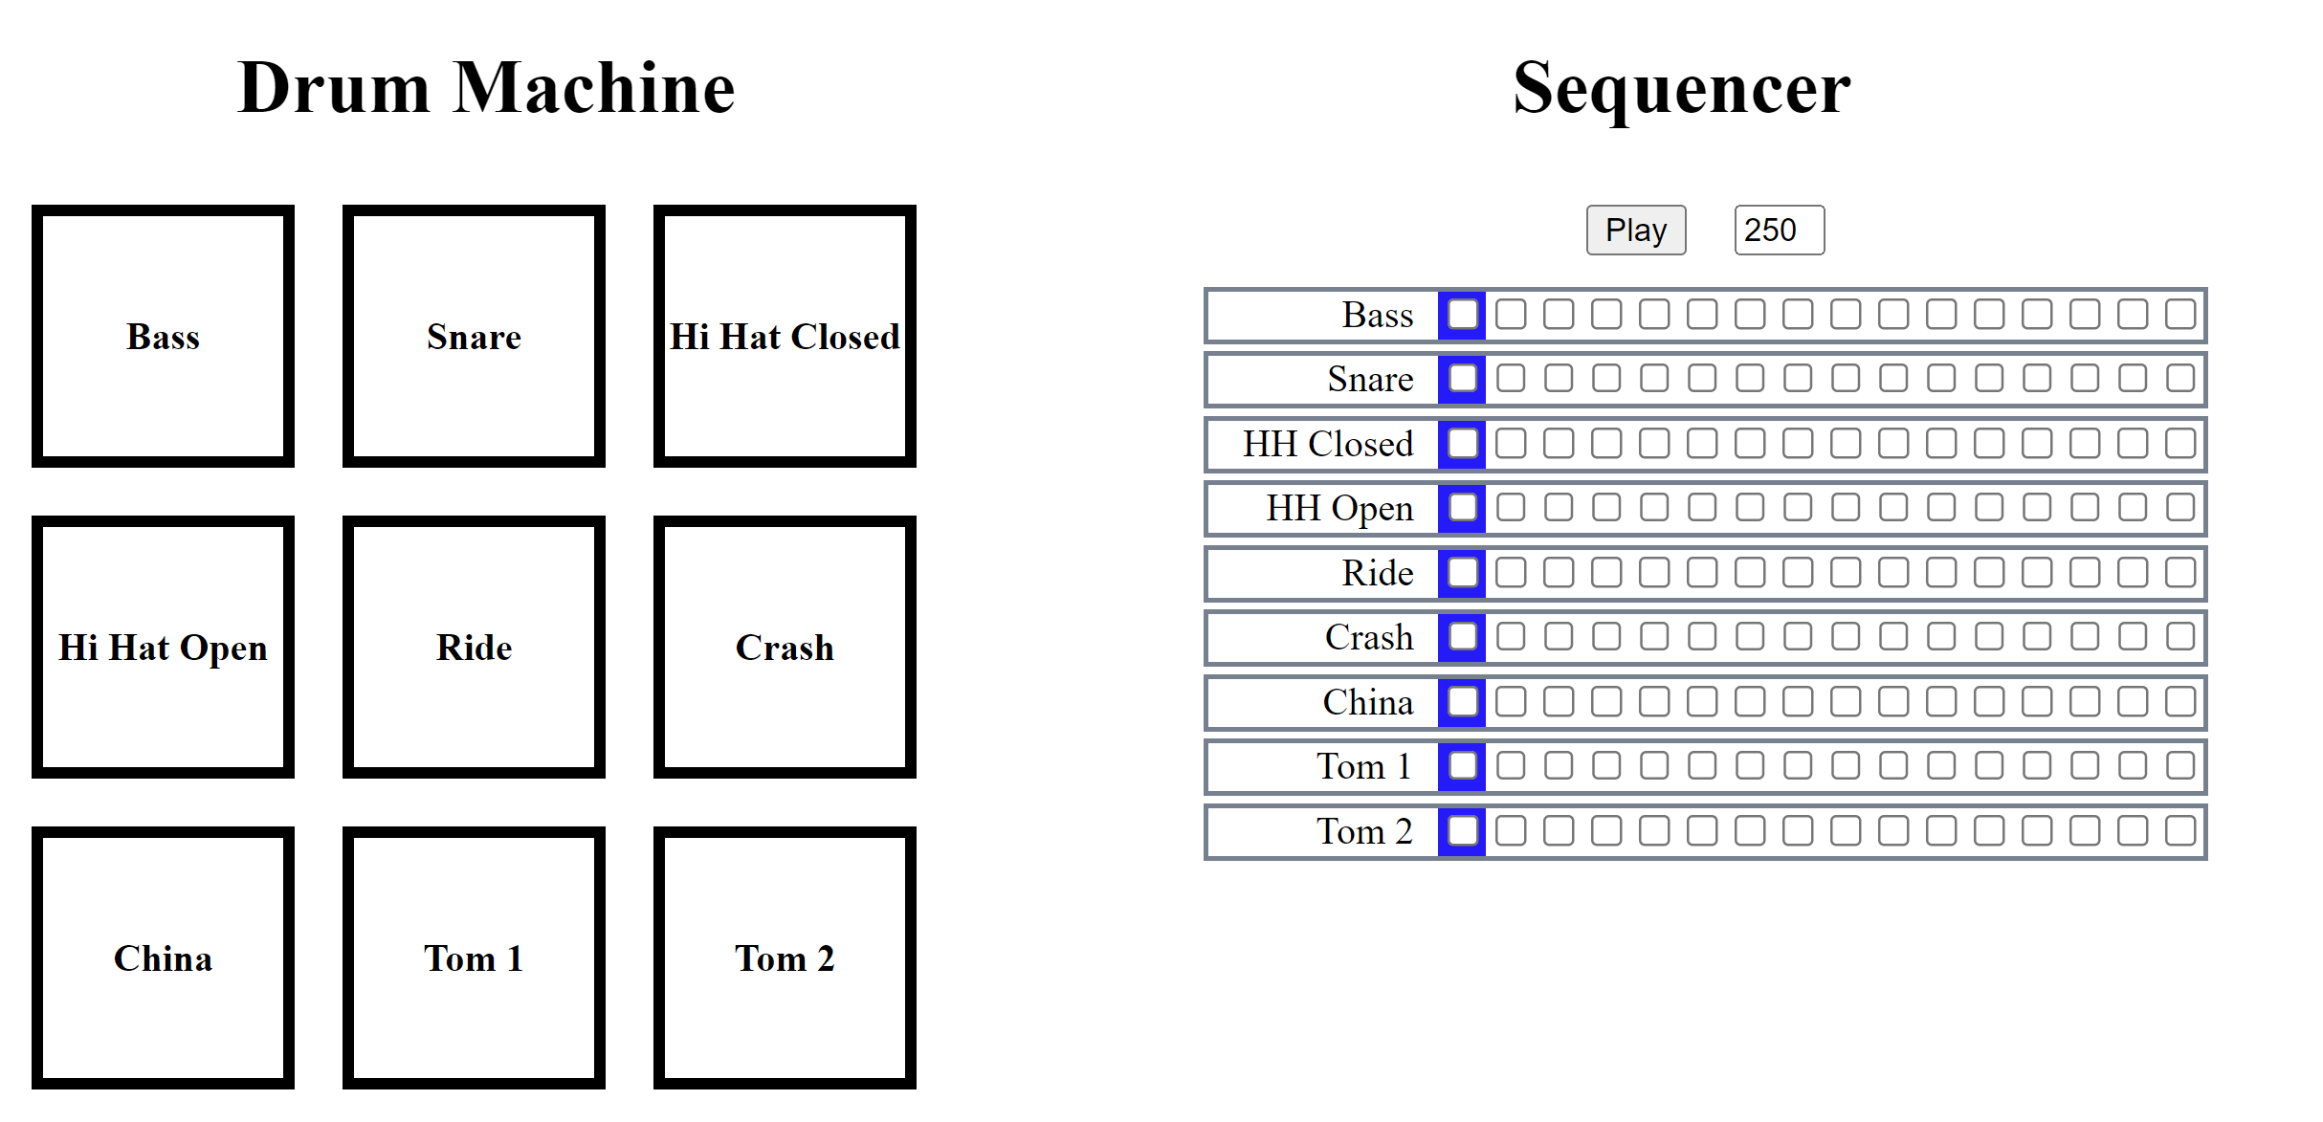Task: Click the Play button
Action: (x=1635, y=231)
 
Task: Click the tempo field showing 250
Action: (x=1778, y=231)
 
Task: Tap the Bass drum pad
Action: (x=163, y=336)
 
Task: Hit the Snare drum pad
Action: (x=474, y=336)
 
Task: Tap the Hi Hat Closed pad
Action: (x=785, y=336)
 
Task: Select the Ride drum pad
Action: (x=474, y=647)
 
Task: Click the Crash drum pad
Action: (x=785, y=647)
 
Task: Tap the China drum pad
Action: (x=163, y=957)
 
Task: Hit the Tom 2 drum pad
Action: (x=785, y=957)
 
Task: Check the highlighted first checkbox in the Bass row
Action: (x=1462, y=315)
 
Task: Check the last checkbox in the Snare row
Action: (x=2179, y=379)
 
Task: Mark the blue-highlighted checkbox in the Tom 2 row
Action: (x=1462, y=830)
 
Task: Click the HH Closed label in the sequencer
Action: (x=1327, y=444)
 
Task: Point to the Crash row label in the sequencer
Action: (x=1368, y=637)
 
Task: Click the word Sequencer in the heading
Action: (x=1681, y=88)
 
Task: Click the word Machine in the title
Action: (x=594, y=88)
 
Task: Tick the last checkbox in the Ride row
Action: (x=2179, y=573)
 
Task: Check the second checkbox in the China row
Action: (x=1510, y=702)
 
